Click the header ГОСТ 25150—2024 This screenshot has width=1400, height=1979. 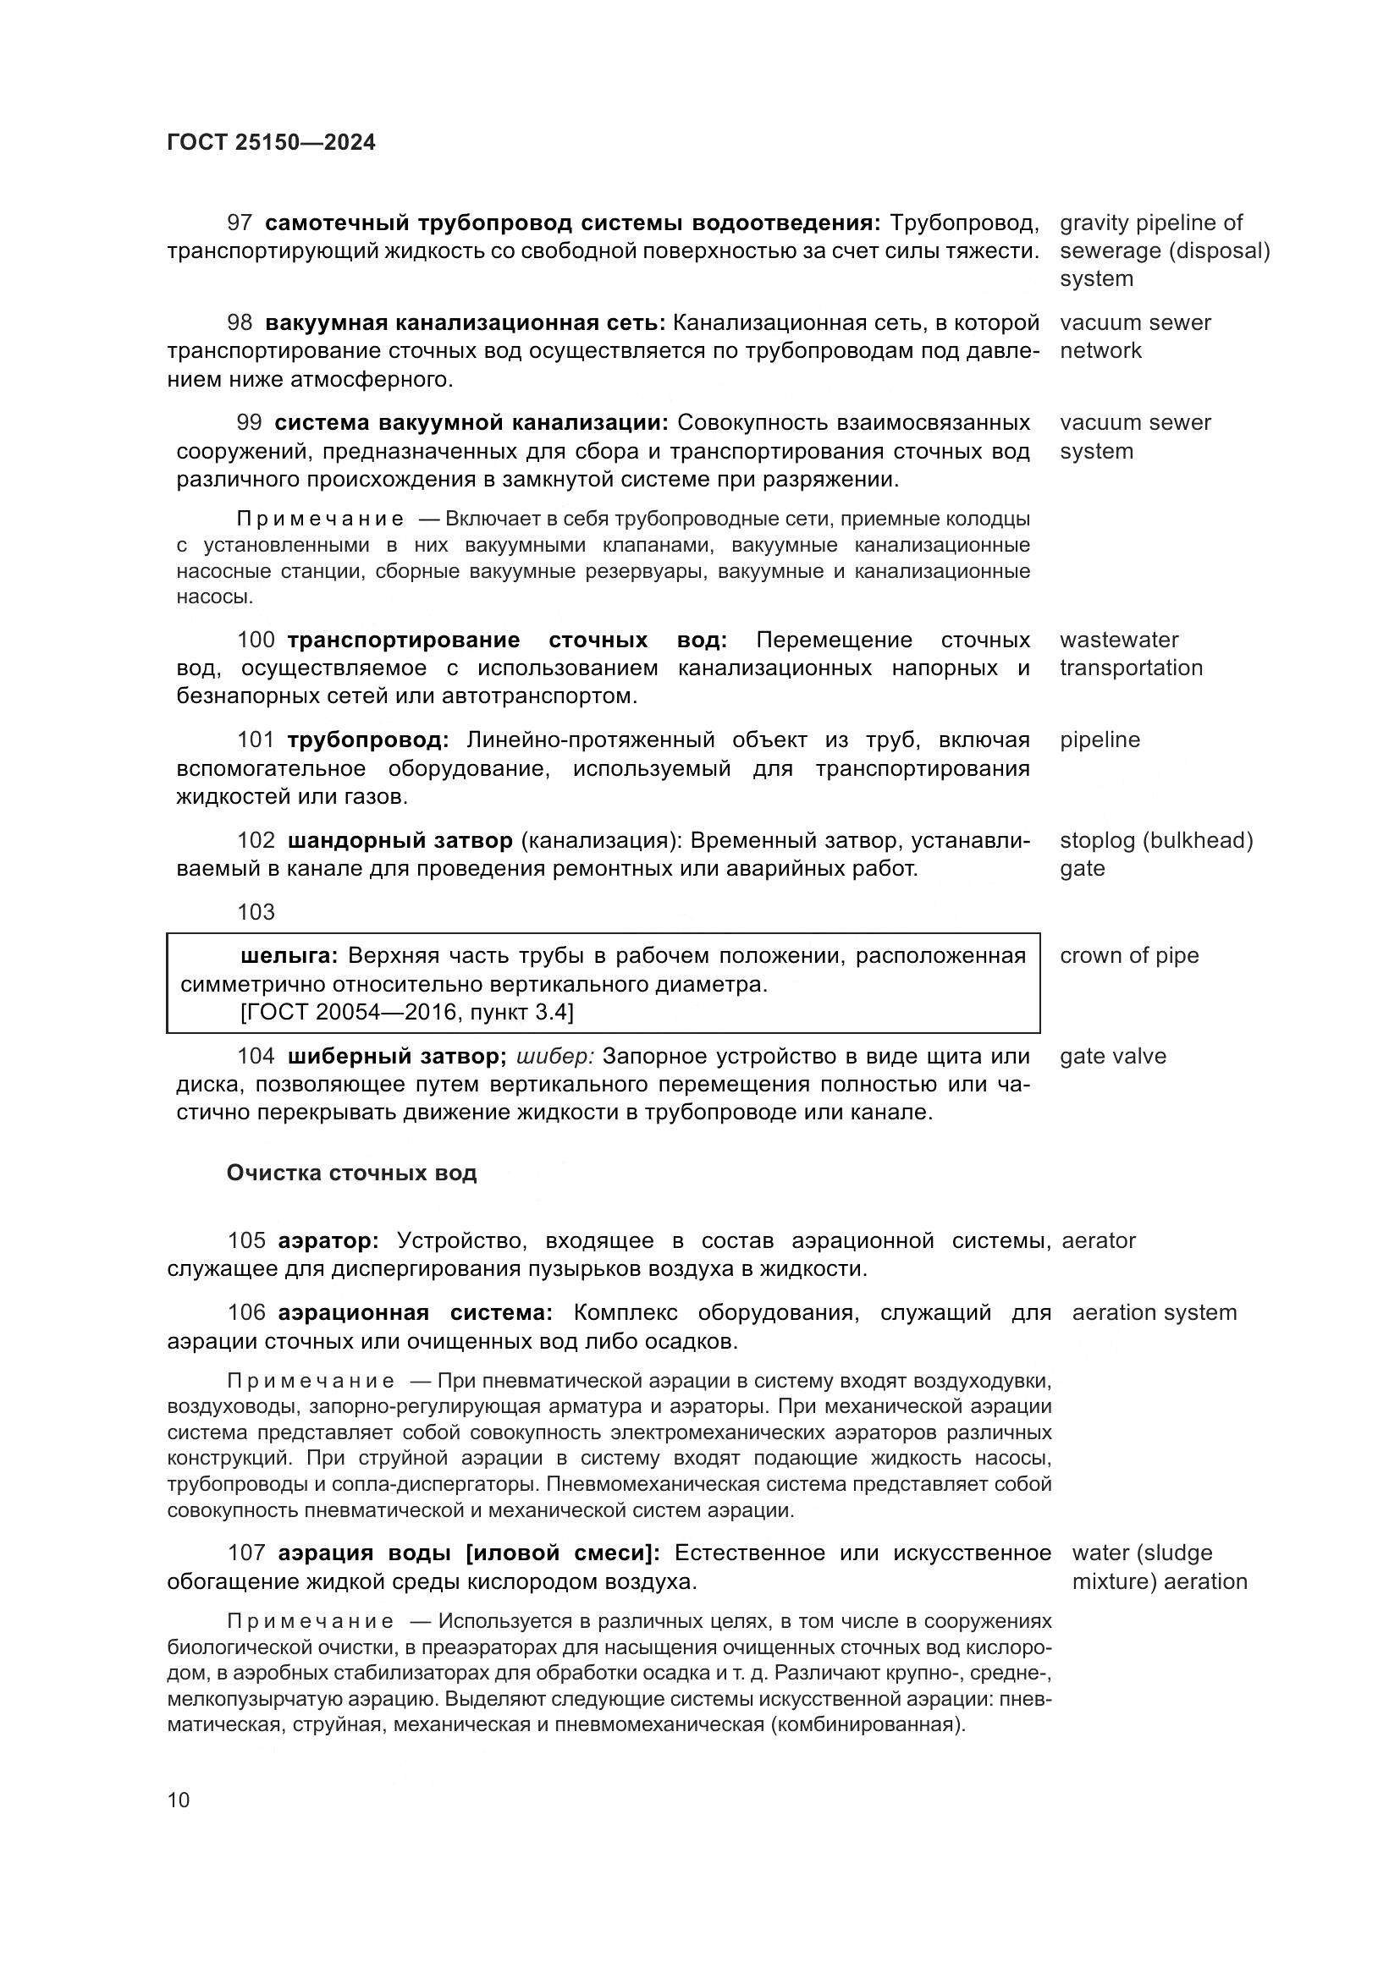[271, 143]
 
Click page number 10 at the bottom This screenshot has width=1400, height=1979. [179, 1800]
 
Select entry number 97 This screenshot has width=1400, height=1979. [240, 223]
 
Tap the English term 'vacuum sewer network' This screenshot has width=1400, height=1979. [1134, 337]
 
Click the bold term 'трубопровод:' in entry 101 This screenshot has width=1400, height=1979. [368, 740]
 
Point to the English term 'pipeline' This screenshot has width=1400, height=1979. [1100, 740]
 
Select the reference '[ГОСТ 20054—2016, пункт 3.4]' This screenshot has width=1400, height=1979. [407, 1012]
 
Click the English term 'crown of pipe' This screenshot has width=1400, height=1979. [1128, 956]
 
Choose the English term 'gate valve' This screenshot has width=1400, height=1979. [1112, 1057]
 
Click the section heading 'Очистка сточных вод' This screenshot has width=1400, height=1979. [351, 1173]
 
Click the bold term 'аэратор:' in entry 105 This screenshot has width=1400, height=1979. [328, 1241]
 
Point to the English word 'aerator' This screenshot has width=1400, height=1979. [1099, 1241]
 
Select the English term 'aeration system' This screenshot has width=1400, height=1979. [1154, 1313]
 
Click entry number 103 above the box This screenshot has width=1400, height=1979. [256, 912]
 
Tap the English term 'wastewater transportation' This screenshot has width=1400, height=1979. [1130, 654]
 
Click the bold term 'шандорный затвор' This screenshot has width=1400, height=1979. [400, 840]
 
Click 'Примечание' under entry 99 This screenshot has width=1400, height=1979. [320, 519]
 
